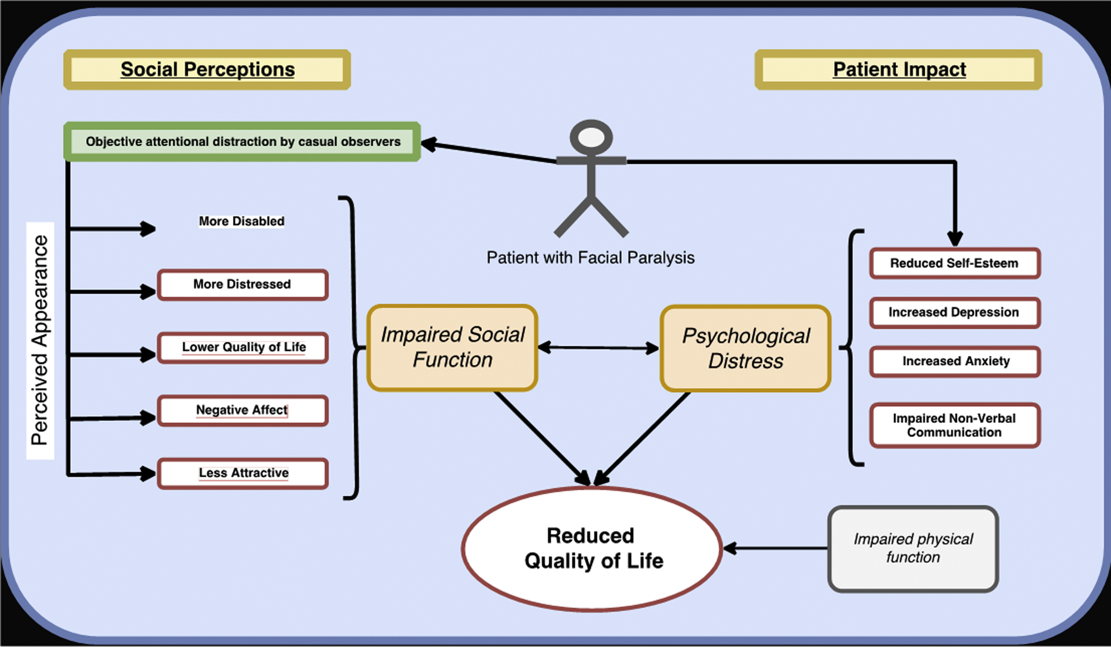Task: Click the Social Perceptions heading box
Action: click(207, 70)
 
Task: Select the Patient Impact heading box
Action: click(898, 70)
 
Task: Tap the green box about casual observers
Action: click(242, 142)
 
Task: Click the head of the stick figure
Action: click(591, 138)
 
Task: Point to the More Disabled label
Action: click(242, 221)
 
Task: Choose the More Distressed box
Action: click(242, 284)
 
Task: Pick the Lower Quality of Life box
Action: click(243, 347)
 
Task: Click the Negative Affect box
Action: click(242, 410)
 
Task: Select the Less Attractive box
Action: click(243, 473)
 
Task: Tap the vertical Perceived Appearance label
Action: click(40, 340)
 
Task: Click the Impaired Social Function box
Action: click(452, 347)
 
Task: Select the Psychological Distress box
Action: click(746, 349)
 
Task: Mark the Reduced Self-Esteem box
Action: click(955, 263)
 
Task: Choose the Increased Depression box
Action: click(955, 313)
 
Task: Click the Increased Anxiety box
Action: click(955, 362)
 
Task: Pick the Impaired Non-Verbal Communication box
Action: click(955, 425)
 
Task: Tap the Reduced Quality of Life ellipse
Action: click(592, 549)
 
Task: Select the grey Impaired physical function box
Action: click(913, 549)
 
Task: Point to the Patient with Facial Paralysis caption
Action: click(590, 258)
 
